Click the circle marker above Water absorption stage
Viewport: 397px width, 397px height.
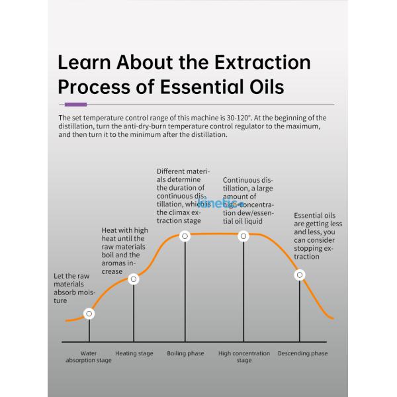click(89, 314)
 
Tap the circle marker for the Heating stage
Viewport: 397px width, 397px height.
click(134, 279)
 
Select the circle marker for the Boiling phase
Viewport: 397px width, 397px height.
click(185, 236)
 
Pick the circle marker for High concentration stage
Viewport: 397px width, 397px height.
click(243, 236)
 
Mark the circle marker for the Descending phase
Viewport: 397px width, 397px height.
click(300, 275)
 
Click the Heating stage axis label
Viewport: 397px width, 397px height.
click(134, 353)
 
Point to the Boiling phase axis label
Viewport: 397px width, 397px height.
click(185, 353)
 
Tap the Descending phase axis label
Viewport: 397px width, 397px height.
click(302, 353)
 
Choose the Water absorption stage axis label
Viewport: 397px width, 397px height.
click(89, 357)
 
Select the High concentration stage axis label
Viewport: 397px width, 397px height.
click(244, 357)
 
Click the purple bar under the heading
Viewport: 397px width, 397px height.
click(76, 105)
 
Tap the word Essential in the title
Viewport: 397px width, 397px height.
click(200, 87)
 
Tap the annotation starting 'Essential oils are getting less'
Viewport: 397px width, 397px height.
click(318, 236)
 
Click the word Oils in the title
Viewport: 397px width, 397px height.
click(264, 87)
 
